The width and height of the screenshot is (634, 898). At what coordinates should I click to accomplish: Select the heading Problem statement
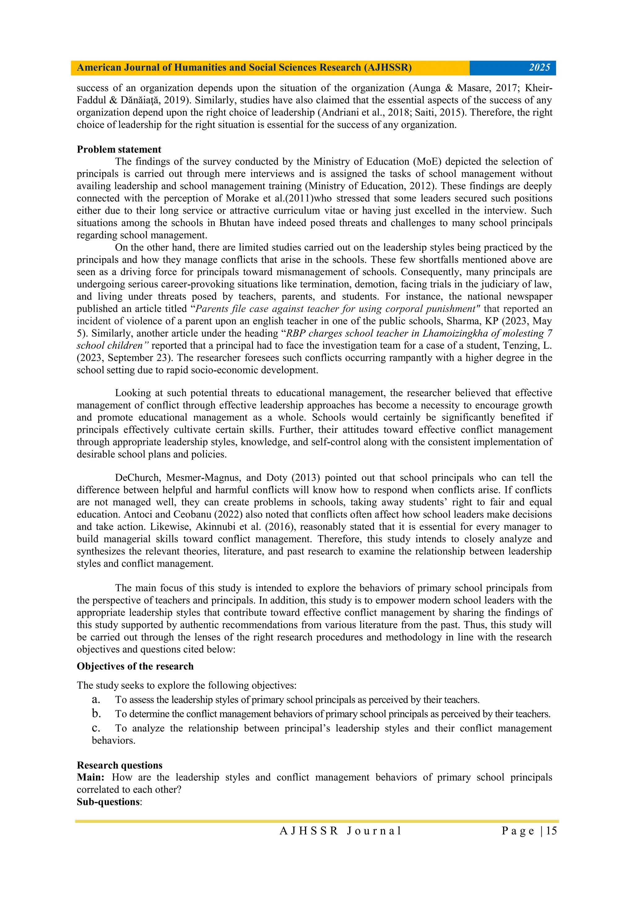point(119,149)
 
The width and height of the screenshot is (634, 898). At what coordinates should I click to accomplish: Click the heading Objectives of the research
point(135,666)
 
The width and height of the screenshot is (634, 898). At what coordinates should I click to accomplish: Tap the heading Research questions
point(119,765)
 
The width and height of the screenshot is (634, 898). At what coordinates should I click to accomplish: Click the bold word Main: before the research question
point(90,777)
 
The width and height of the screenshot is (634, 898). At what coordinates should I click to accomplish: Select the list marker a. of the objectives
point(96,699)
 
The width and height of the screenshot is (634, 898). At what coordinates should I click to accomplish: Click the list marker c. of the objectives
point(96,728)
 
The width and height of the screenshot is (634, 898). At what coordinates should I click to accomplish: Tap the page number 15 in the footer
point(551,831)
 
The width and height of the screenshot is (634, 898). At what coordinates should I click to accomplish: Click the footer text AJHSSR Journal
point(340,831)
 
